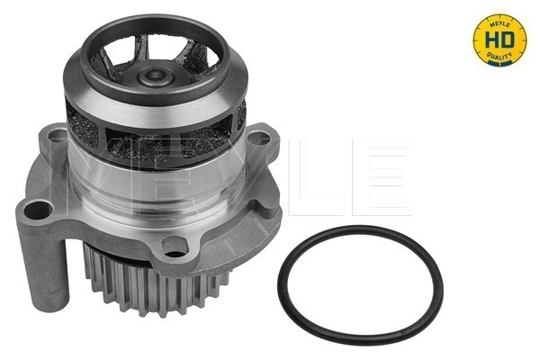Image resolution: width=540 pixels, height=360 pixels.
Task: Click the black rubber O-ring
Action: pyautogui.click(x=359, y=333)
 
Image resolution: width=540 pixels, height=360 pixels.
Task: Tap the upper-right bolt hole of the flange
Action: pyautogui.click(x=260, y=139)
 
